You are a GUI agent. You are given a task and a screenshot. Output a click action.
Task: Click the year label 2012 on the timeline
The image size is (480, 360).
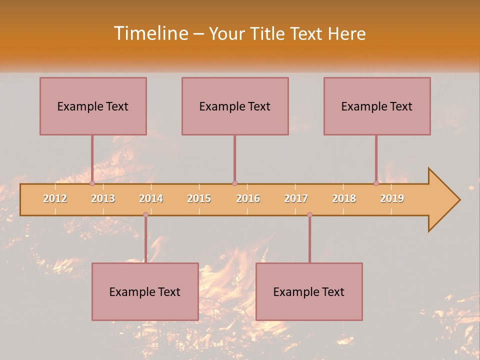point(55,198)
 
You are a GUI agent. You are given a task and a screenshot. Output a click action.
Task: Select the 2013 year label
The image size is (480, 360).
point(103,198)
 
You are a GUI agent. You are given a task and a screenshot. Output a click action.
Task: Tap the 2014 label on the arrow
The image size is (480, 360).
point(151,198)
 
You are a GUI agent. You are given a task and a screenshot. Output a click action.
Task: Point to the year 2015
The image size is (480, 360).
point(199,198)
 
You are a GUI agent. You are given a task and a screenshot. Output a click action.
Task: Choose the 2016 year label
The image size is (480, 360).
point(248,198)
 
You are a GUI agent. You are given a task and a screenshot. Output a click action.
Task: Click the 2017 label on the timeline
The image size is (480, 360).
point(296,198)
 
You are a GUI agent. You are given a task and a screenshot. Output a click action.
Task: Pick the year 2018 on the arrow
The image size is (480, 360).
point(344,198)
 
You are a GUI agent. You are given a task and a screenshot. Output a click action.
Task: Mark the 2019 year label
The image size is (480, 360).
point(392,198)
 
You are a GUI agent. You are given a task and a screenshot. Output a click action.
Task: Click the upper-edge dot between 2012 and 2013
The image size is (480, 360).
point(92,183)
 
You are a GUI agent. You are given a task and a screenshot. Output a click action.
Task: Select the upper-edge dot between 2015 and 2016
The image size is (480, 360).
point(234,183)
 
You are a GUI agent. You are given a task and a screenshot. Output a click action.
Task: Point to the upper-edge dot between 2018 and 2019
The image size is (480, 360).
point(376,183)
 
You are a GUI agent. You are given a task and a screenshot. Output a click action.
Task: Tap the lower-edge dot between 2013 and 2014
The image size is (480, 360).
point(145,214)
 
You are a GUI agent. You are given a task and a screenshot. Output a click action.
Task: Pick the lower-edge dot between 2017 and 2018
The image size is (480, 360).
point(309,214)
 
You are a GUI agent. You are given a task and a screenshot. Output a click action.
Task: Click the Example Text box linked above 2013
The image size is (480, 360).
point(93,106)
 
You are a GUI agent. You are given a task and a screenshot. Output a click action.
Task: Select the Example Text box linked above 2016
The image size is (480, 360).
point(235,106)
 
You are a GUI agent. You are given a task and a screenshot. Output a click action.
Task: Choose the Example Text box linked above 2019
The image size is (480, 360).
point(377,106)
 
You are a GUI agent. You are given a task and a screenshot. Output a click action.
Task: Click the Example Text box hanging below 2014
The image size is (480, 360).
point(145,291)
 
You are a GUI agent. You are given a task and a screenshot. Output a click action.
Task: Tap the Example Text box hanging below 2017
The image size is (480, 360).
point(309,291)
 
